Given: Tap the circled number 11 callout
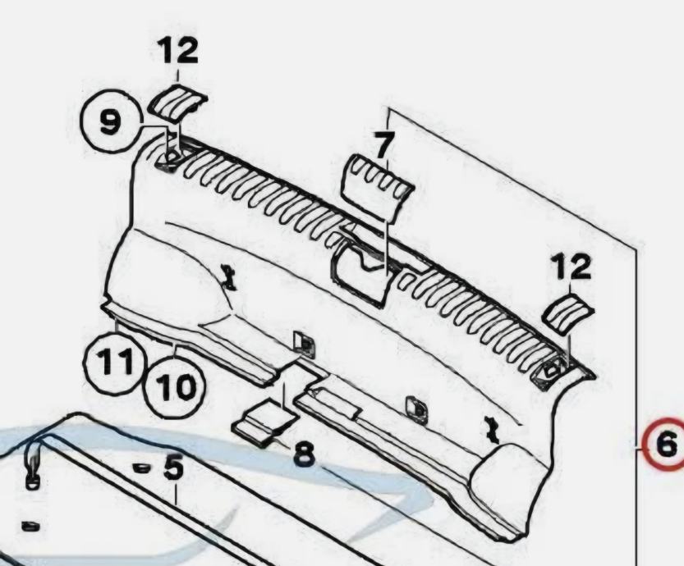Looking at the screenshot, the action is click(114, 362).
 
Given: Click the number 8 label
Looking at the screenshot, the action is click(304, 454).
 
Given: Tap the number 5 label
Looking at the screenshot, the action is click(173, 467).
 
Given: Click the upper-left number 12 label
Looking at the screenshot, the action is click(177, 50).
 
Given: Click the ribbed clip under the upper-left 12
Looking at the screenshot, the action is click(177, 103).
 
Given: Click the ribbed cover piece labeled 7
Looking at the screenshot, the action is click(378, 187).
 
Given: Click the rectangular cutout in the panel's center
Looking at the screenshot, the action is click(362, 272).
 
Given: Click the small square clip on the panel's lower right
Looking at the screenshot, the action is click(416, 409).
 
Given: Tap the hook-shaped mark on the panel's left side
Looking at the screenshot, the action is click(230, 277).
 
